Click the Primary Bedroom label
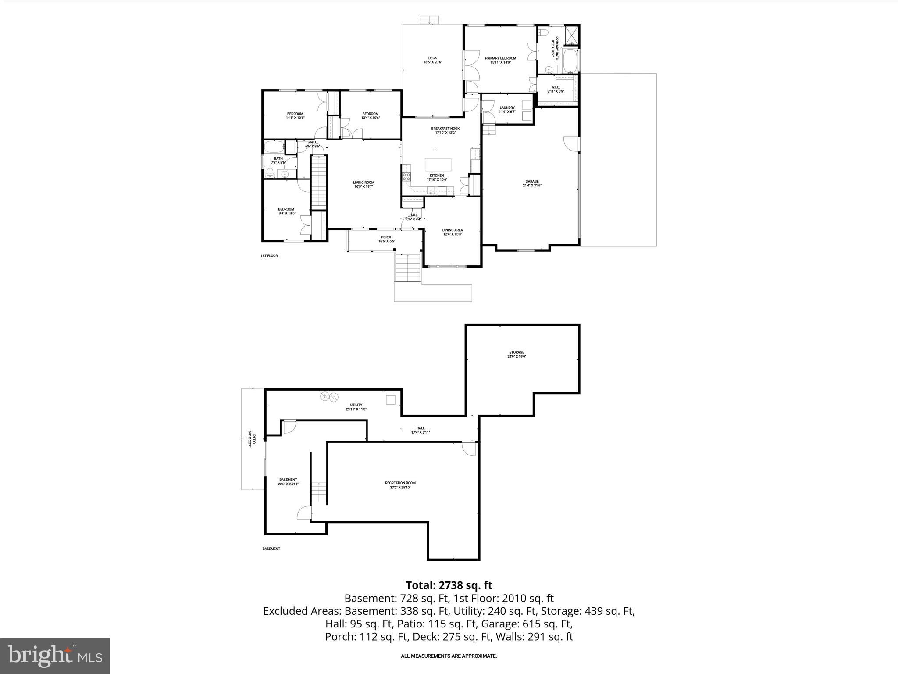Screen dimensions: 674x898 coord(500,60)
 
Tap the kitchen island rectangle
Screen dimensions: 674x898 coord(438,165)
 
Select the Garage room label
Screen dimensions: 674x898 coord(532,183)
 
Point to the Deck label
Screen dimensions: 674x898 coord(432,60)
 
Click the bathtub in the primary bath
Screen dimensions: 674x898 coord(570,61)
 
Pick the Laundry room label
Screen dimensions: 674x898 coord(507,110)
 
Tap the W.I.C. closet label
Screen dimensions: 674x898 coord(555,89)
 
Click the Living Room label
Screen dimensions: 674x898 coord(363,184)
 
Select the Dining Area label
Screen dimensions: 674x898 coord(452,232)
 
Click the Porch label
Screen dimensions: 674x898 coord(386,239)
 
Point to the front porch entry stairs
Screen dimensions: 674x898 coord(408,268)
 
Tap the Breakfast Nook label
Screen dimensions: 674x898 coord(445,130)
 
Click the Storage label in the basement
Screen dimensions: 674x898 coord(517,355)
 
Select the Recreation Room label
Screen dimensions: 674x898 coord(400,485)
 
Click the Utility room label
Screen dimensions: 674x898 coord(356,407)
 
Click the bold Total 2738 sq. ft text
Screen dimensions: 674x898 coord(449,585)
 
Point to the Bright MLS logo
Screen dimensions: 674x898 coord(55,656)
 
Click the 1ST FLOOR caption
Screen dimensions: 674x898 coord(269,255)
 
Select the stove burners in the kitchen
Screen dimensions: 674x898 coord(406,177)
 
